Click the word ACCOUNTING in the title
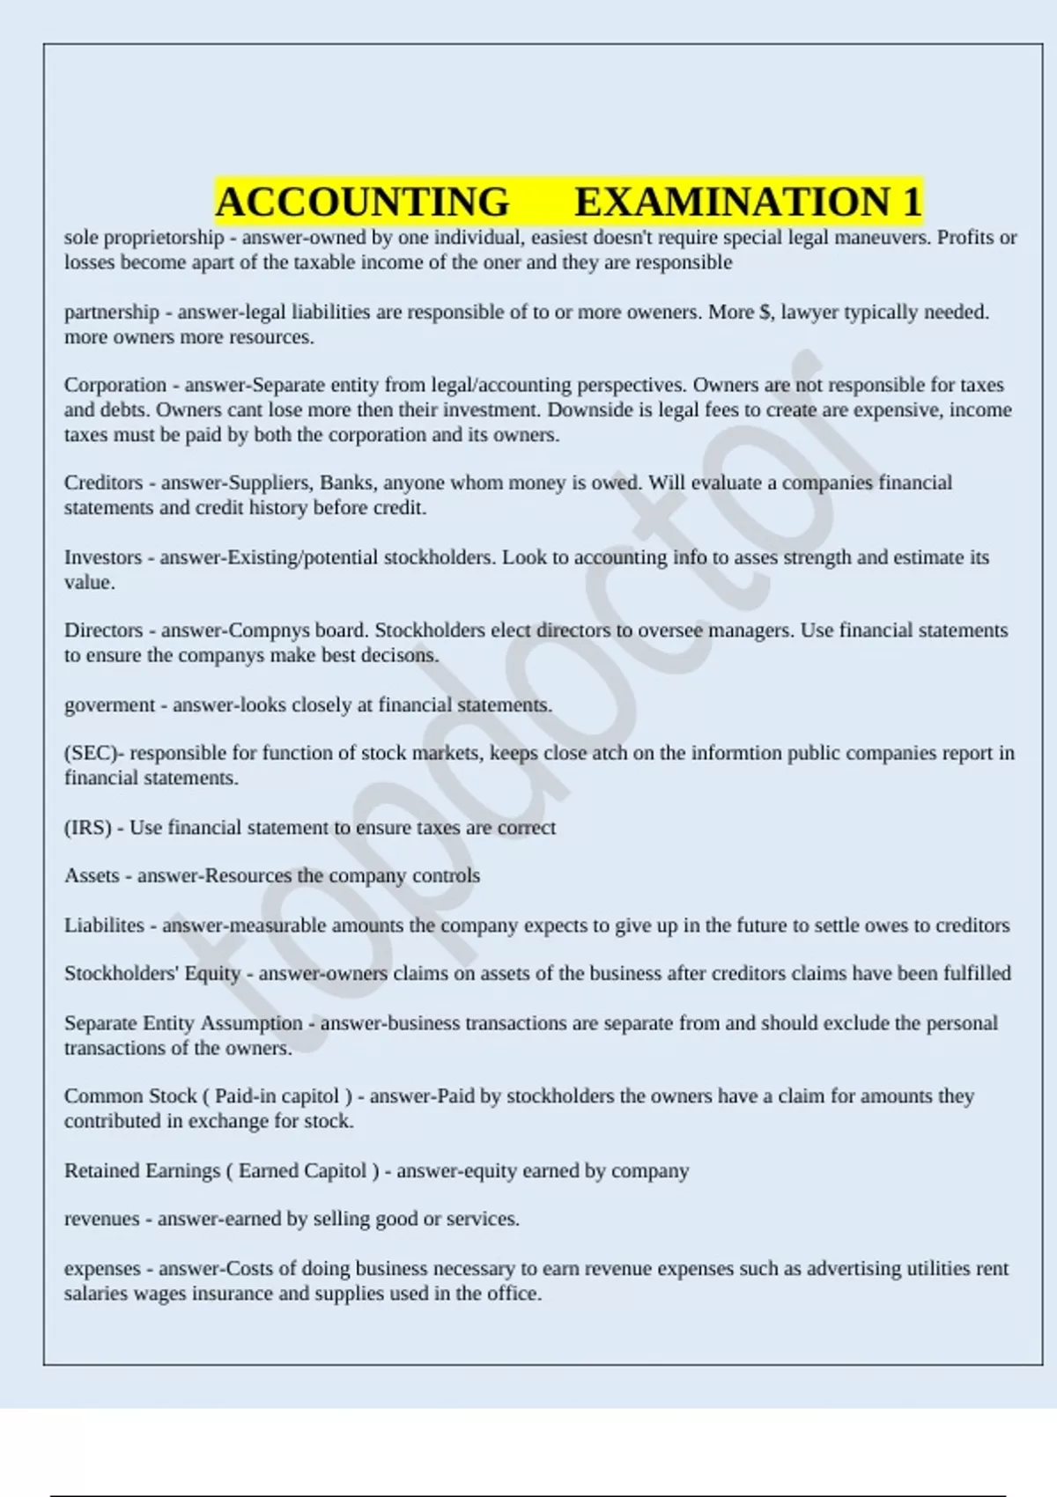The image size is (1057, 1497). pyautogui.click(x=362, y=202)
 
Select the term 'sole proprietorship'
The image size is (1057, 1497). pyautogui.click(x=144, y=238)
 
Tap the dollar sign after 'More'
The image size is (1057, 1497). pyautogui.click(x=764, y=313)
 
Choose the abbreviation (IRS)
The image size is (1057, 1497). pyautogui.click(x=88, y=828)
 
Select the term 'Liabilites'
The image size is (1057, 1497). pyautogui.click(x=104, y=925)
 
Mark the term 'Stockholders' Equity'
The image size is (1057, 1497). pyautogui.click(x=152, y=974)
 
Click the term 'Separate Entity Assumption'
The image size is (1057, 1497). pyautogui.click(x=183, y=1023)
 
